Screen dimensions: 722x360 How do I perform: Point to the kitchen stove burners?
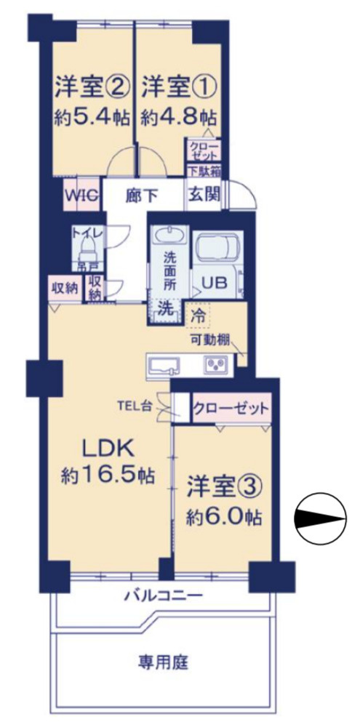(216, 364)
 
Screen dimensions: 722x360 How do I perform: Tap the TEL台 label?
(137, 406)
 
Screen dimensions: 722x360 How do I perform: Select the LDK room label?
(107, 448)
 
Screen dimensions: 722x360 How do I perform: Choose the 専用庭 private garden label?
(163, 663)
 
